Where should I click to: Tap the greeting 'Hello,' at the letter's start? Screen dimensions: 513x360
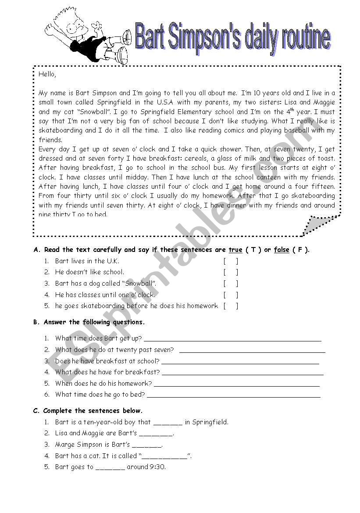[47, 74]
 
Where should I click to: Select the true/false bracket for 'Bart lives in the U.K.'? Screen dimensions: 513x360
[231, 261]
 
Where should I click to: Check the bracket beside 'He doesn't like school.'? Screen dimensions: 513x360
[231, 273]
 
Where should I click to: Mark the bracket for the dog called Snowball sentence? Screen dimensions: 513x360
[231, 284]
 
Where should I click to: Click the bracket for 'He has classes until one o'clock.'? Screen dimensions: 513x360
[231, 295]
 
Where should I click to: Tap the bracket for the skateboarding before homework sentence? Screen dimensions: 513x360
[231, 306]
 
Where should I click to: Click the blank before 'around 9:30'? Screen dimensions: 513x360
[110, 467]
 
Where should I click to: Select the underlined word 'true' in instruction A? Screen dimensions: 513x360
[235, 250]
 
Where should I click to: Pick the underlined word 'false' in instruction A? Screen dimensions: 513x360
[282, 250]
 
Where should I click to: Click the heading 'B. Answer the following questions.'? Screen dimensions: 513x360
[89, 322]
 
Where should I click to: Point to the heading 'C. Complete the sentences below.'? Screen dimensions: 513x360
[88, 411]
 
